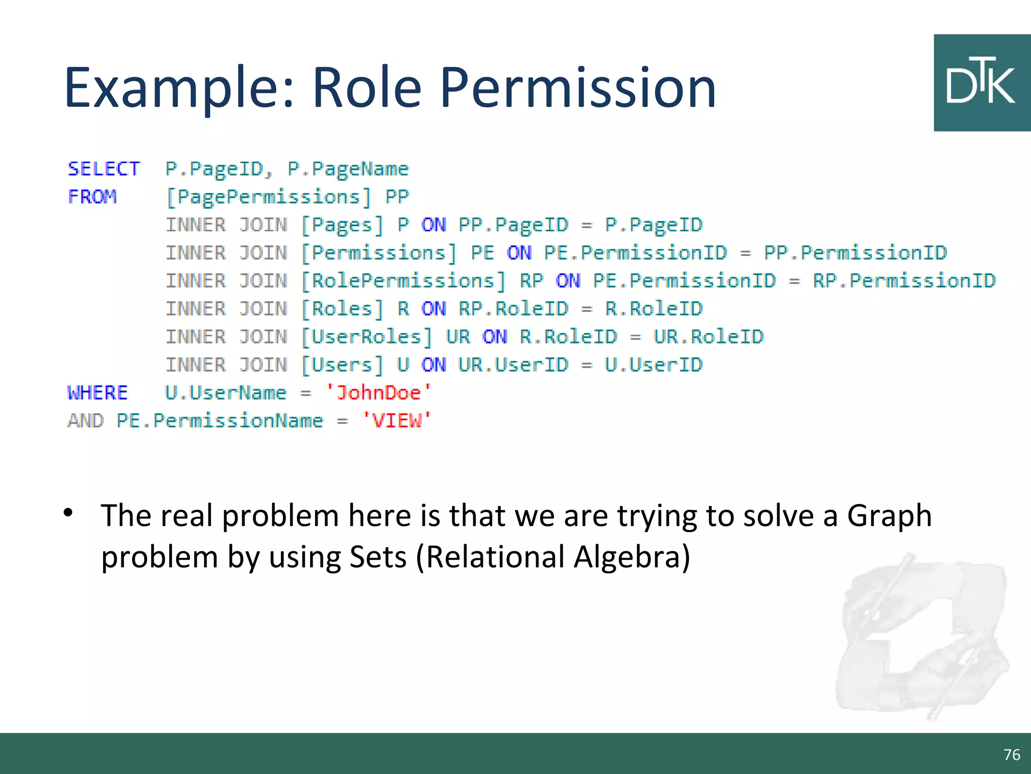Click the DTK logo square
pyautogui.click(x=982, y=83)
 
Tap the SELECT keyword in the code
pyautogui.click(x=104, y=169)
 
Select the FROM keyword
pyautogui.click(x=93, y=197)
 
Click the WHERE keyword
pyautogui.click(x=98, y=393)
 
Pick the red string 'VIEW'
pyautogui.click(x=397, y=420)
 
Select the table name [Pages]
pyautogui.click(x=342, y=225)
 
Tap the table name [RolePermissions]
pyautogui.click(x=403, y=281)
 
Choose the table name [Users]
pyautogui.click(x=342, y=365)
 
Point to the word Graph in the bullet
pyautogui.click(x=889, y=516)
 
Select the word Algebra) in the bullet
pyautogui.click(x=632, y=557)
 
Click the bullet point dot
pyautogui.click(x=68, y=513)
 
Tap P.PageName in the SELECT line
pyautogui.click(x=348, y=169)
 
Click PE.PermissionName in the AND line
pyautogui.click(x=220, y=421)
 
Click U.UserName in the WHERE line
pyautogui.click(x=226, y=393)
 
